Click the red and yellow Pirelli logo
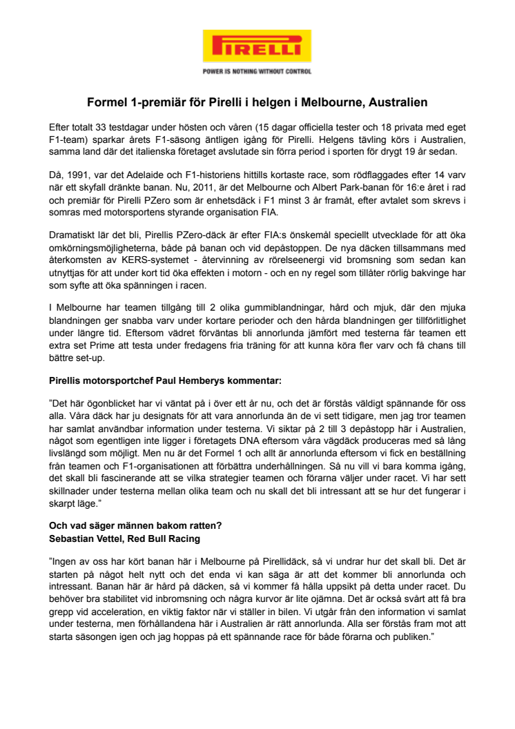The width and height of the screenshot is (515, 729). tap(257, 47)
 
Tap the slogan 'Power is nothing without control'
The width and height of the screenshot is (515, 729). tap(257, 71)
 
